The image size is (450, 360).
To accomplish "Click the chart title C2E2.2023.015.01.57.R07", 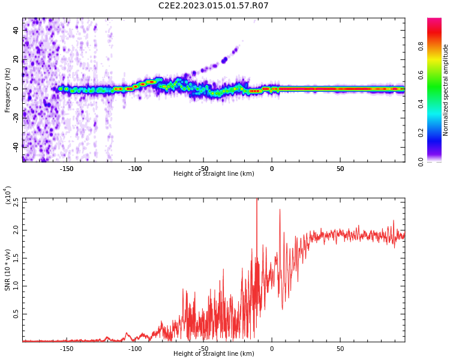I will tap(213, 6).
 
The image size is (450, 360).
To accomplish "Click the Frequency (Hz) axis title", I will tap(8, 90).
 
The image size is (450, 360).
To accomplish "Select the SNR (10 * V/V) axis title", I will tap(8, 270).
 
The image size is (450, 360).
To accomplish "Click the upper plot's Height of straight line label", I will tap(214, 174).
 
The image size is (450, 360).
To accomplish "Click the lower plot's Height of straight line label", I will tap(214, 354).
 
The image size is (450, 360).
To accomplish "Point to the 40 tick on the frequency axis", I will tap(16, 29).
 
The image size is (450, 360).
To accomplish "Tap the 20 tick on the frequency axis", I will tap(16, 59).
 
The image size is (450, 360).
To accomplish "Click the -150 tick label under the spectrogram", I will tap(66, 169).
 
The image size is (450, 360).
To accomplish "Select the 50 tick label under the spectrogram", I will tap(340, 169).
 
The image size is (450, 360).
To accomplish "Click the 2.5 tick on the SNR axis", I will tap(15, 202).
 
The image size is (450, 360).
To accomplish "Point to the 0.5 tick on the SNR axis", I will tap(15, 314).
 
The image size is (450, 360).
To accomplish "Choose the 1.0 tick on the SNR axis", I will tap(15, 286).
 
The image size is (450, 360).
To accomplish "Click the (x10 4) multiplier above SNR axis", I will tap(8, 196).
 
